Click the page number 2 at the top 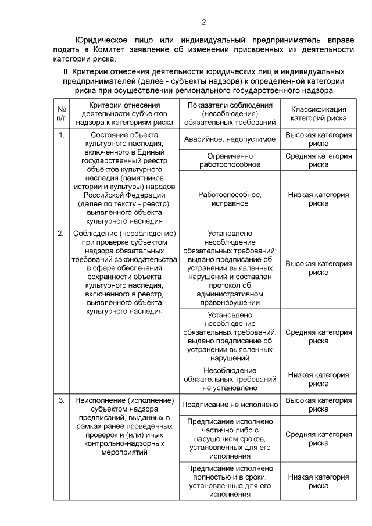[x=203, y=23]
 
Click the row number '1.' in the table [x=62, y=135]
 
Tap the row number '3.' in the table [x=62, y=401]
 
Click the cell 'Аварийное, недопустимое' [x=229, y=140]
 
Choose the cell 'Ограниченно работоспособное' [x=229, y=160]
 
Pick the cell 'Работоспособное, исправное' [x=229, y=199]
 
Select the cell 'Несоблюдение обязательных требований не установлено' [x=229, y=379]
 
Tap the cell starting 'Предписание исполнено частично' [x=229, y=438]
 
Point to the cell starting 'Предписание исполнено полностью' [x=229, y=481]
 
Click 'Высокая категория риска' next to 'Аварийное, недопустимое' [x=319, y=139]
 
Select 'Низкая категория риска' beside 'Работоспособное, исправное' [x=319, y=199]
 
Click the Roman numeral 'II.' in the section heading [x=66, y=71]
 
